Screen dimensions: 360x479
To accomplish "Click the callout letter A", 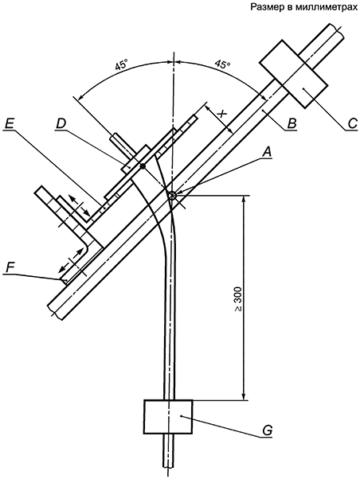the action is (268, 151).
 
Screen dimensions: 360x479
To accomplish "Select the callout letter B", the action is (292, 123).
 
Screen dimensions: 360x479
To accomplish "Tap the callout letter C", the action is (353, 123).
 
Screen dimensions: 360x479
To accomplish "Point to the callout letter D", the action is (61, 123).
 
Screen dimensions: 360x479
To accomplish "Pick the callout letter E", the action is (10, 123).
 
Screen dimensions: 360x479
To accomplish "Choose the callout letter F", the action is (10, 268).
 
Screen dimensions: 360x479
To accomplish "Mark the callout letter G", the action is (267, 430).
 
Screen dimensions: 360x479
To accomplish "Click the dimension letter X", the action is (221, 114).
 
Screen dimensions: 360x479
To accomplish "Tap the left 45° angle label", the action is (121, 65).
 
